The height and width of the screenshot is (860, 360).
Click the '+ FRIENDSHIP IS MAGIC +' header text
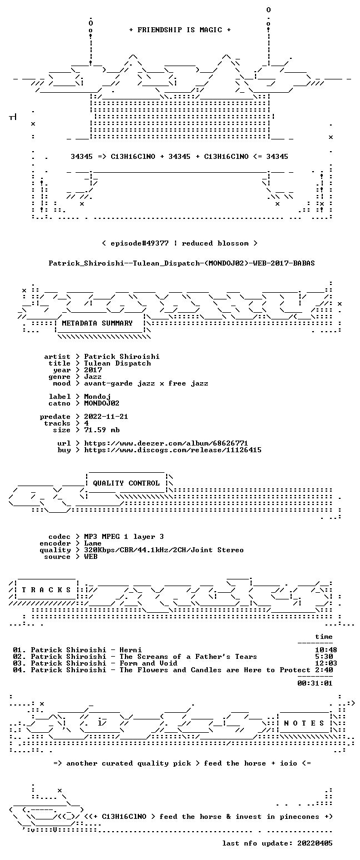[x=180, y=30]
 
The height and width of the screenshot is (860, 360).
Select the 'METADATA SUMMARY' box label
[x=97, y=323]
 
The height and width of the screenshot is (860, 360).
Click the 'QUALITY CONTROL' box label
[x=126, y=483]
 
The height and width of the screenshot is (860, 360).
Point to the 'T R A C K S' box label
[x=47, y=589]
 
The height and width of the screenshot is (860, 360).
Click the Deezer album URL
[x=166, y=443]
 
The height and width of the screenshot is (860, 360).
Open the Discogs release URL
[x=173, y=450]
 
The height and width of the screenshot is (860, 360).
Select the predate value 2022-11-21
[x=106, y=417]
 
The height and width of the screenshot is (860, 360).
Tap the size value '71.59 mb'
[x=102, y=430]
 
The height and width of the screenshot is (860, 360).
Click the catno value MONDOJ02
[x=102, y=403]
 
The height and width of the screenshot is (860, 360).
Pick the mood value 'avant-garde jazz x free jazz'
[x=146, y=383]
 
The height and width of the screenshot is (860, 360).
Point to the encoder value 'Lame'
[x=93, y=543]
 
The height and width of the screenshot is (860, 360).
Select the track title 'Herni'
[x=131, y=650]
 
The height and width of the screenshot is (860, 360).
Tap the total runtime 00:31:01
[x=314, y=683]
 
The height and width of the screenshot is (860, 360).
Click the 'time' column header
[x=323, y=637]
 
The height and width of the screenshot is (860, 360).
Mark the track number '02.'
[x=19, y=657]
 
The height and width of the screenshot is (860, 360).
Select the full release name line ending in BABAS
[x=182, y=263]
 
